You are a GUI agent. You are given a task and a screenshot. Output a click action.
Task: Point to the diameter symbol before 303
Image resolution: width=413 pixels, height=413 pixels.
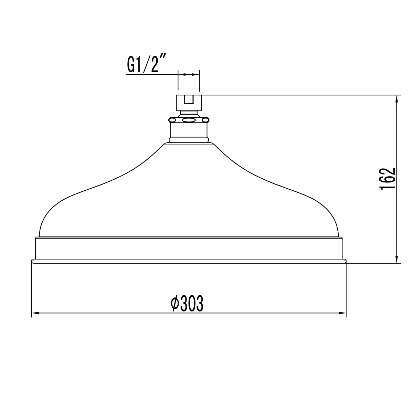click(174, 304)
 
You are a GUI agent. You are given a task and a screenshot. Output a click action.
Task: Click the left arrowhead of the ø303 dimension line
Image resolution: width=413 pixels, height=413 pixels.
click(35, 313)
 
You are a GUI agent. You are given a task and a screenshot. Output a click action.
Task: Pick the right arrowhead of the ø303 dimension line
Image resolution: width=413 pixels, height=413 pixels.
click(343, 313)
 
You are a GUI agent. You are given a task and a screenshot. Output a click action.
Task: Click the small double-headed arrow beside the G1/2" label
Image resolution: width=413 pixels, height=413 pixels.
click(188, 74)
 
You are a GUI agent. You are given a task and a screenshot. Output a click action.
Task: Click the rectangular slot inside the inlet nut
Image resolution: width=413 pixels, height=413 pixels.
click(188, 100)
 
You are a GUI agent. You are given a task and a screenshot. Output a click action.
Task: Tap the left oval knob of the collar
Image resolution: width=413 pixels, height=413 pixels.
click(172, 120)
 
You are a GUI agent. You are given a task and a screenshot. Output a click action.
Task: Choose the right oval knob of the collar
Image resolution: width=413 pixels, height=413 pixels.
click(205, 120)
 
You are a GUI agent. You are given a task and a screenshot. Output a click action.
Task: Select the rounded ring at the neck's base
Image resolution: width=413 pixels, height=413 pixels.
click(189, 140)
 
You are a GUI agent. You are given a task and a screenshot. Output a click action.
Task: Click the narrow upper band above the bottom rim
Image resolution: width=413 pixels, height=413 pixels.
click(189, 248)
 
